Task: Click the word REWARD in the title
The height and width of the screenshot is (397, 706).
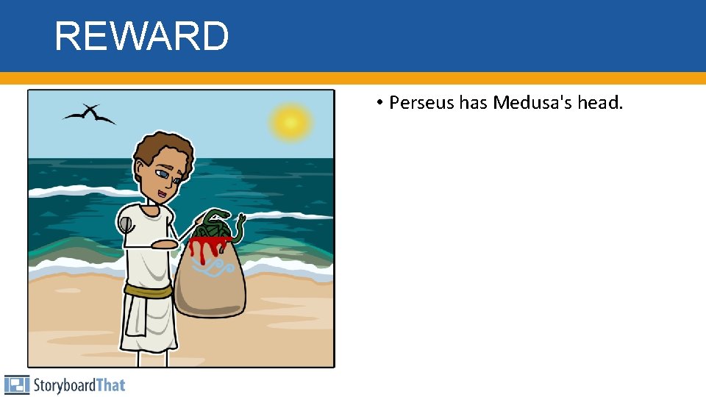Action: tap(141, 36)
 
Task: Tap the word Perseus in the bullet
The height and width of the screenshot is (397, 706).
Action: tap(421, 103)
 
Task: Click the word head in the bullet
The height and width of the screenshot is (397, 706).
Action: tap(599, 103)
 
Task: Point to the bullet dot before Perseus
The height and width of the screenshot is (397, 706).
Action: tap(377, 104)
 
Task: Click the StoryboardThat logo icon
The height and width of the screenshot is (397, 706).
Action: tap(16, 385)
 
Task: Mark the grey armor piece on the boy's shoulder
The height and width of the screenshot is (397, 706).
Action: tap(126, 224)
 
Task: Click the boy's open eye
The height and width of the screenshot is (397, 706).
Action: tap(160, 174)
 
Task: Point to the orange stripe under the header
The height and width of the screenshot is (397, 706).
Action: tap(353, 78)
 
